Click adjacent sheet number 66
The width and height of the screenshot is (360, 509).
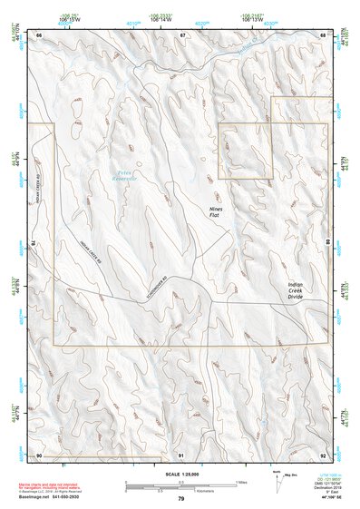(40, 34)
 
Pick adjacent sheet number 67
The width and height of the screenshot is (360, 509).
(182, 34)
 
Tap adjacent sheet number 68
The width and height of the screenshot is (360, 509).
(324, 34)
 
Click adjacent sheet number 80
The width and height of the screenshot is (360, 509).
(327, 243)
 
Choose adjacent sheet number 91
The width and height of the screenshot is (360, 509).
(181, 454)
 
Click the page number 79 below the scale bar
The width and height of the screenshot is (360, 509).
(181, 498)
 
